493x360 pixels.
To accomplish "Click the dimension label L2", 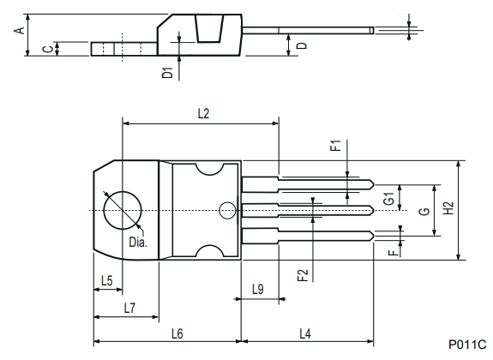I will click(203, 113).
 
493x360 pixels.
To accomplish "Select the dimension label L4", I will click(305, 333).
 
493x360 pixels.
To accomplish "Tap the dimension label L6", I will click(177, 333).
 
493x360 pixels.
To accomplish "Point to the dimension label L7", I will click(129, 307).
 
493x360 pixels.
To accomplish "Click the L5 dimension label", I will click(107, 280).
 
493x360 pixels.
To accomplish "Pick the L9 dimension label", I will click(258, 289).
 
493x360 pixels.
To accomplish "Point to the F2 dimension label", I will click(302, 275).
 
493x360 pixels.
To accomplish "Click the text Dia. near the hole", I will click(138, 243).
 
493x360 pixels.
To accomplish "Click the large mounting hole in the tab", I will click(123, 210).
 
